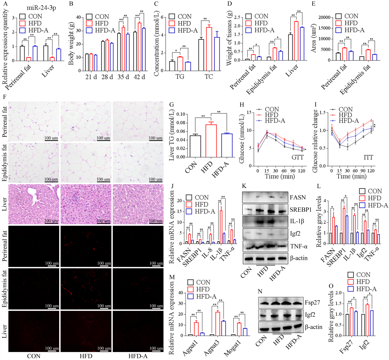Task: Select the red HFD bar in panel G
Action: [x=211, y=141]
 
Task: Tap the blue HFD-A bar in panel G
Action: [x=227, y=145]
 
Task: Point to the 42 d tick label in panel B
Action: [x=139, y=77]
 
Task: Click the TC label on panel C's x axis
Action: [x=209, y=77]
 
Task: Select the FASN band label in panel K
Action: [x=298, y=198]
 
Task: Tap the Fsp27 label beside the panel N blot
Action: [x=312, y=302]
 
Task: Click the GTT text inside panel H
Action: [x=297, y=157]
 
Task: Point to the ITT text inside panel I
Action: [x=368, y=157]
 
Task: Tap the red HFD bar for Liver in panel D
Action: [x=296, y=40]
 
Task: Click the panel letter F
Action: [x=4, y=97]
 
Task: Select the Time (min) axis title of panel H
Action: [x=280, y=176]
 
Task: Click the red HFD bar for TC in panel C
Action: [x=209, y=49]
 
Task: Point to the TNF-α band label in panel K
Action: [x=299, y=246]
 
